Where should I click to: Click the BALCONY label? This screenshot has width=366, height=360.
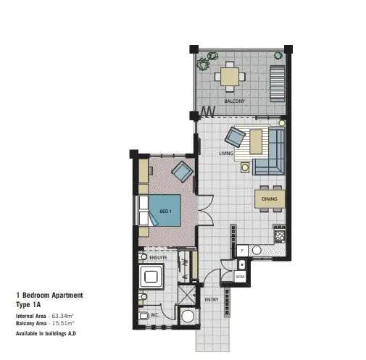(234, 101)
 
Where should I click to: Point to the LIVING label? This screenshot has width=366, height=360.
(225, 154)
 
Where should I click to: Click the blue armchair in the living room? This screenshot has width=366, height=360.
(236, 135)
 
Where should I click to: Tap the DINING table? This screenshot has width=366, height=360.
(270, 198)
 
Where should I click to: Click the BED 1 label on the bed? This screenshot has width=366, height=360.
(165, 212)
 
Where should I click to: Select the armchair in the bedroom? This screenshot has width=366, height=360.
(180, 172)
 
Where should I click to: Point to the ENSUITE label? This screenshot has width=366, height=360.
(158, 257)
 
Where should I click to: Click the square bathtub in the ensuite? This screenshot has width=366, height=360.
(153, 275)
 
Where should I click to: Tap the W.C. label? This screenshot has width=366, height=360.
(154, 315)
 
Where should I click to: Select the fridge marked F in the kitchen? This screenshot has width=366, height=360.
(241, 250)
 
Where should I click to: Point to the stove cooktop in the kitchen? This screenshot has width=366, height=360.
(279, 235)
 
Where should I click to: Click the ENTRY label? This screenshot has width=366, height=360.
(212, 299)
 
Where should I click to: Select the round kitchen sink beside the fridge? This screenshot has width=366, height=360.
(255, 250)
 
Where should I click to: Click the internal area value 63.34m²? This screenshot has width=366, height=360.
(63, 317)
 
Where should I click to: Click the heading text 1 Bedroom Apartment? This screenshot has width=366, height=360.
(49, 295)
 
